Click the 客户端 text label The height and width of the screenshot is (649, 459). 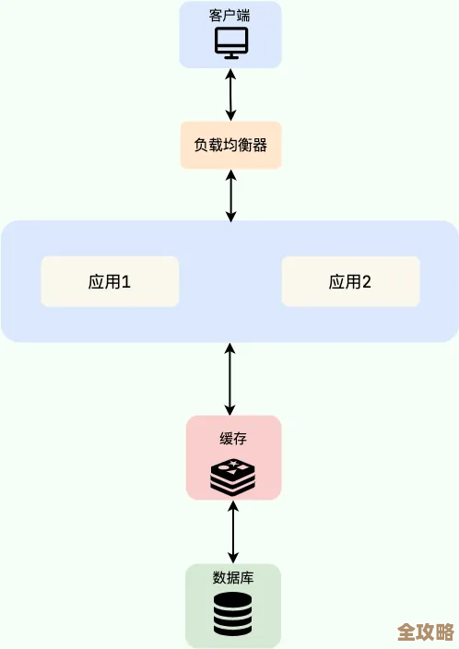(x=230, y=16)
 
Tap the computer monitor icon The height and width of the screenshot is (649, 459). (x=230, y=42)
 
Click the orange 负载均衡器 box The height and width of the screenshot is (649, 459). (x=230, y=145)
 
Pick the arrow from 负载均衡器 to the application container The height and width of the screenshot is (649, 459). (x=230, y=195)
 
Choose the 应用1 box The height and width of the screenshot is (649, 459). (x=110, y=281)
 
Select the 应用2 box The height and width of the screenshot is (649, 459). (x=350, y=281)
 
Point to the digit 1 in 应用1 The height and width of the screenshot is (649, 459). (x=127, y=282)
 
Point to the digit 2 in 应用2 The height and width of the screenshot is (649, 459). (x=367, y=282)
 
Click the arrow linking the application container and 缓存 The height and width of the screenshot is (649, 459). (x=230, y=378)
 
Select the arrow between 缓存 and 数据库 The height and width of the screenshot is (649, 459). (x=233, y=532)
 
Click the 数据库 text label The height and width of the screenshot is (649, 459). (x=233, y=578)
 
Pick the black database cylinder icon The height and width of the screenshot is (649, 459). (x=232, y=614)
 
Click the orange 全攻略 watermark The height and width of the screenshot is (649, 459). (x=425, y=632)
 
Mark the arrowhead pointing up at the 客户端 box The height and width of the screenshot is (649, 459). (x=230, y=74)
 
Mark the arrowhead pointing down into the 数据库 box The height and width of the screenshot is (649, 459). (x=233, y=557)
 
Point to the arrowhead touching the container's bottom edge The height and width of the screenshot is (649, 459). (x=230, y=349)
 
